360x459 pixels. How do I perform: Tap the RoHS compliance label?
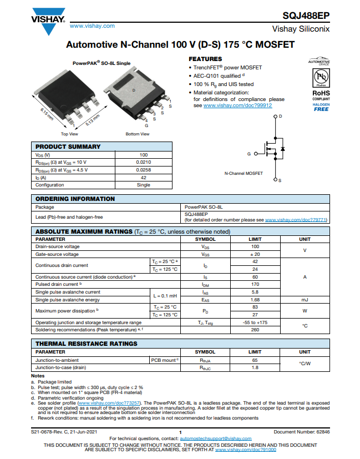tap(321, 93)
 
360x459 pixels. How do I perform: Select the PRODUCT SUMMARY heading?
tap(68, 147)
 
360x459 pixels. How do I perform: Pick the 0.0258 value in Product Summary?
tap(143, 170)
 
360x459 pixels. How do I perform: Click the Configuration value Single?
tap(143, 185)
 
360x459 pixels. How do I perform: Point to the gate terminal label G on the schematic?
tap(249, 153)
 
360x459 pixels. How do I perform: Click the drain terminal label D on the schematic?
tap(280, 116)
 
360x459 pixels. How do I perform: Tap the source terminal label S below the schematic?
tap(280, 181)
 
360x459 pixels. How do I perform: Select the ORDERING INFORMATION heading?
tap(75, 199)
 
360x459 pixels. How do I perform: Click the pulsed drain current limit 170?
tap(255, 284)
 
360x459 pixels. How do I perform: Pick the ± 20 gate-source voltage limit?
tap(255, 254)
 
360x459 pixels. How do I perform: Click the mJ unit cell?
tap(305, 299)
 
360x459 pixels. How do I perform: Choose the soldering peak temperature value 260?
tap(255, 330)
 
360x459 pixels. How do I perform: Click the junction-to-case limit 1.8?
tap(255, 367)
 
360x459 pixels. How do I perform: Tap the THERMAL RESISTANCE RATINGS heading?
tap(87, 344)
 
